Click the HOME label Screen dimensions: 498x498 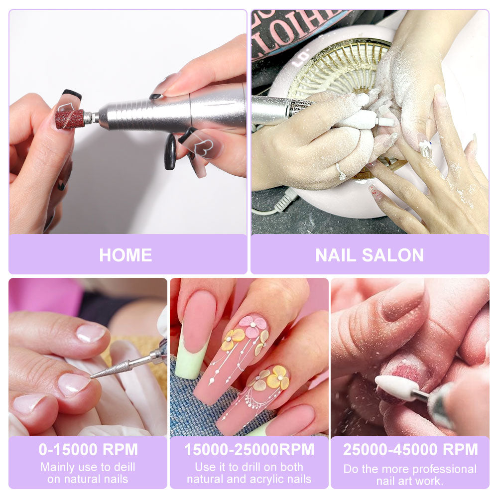[x=125, y=255]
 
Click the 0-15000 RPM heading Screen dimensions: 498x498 [x=88, y=449]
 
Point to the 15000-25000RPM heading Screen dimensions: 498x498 [x=249, y=449]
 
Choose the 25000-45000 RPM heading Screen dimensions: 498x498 [x=410, y=449]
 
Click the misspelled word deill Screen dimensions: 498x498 [x=123, y=468]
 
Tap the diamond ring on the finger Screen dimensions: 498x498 [x=341, y=172]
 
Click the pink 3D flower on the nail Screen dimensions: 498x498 [x=252, y=326]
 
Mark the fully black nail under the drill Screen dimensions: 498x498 [x=170, y=152]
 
